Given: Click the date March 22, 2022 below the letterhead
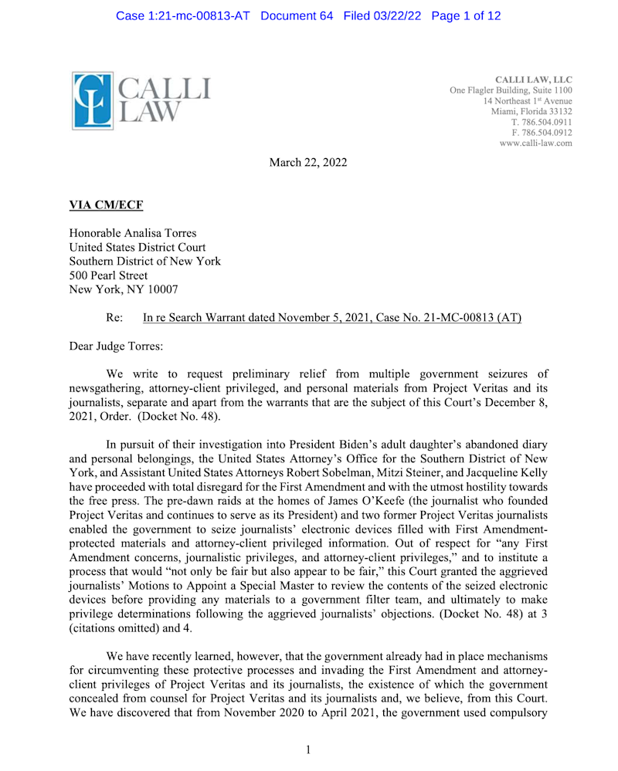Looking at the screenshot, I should [x=307, y=162].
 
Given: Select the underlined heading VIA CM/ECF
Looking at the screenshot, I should [x=106, y=205].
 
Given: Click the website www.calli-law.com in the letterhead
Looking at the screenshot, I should [x=535, y=143].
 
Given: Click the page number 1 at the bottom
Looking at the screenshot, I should [x=308, y=749].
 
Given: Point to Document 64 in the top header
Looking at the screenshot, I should [x=297, y=16].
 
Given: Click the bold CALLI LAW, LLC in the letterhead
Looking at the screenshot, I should [x=533, y=79].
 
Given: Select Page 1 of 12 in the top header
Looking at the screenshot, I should [x=468, y=16].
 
